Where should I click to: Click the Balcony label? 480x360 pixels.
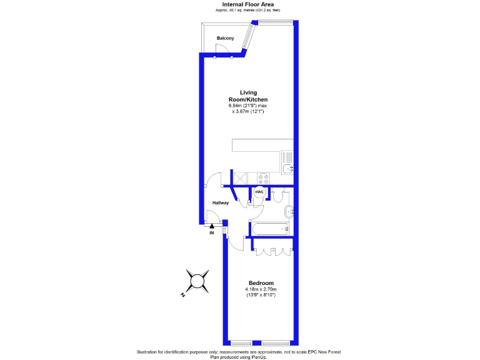[225, 38]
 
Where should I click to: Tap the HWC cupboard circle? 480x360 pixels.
[259, 192]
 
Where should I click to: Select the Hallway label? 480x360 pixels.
[220, 202]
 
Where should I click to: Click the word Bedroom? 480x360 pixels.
[260, 283]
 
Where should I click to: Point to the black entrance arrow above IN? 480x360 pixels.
[212, 226]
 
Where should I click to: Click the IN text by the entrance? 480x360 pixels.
[211, 232]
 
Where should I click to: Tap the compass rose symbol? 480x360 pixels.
[198, 280]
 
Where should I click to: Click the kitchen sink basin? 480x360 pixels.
[287, 168]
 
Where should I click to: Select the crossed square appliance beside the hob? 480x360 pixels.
[239, 177]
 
